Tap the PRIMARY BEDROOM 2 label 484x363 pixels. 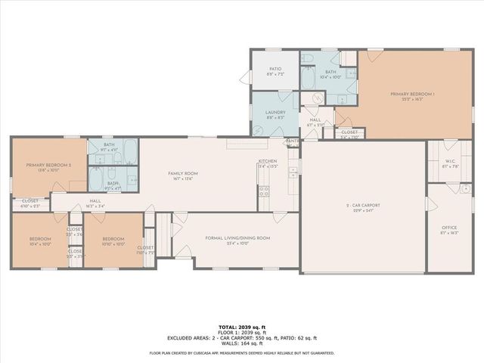[48, 165]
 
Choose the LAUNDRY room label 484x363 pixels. [275, 113]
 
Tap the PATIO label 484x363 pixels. [275, 69]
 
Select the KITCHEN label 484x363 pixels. [268, 161]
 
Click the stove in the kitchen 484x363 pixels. [265, 191]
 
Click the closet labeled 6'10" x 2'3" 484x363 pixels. [30, 202]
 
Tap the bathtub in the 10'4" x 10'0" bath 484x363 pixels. [310, 79]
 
